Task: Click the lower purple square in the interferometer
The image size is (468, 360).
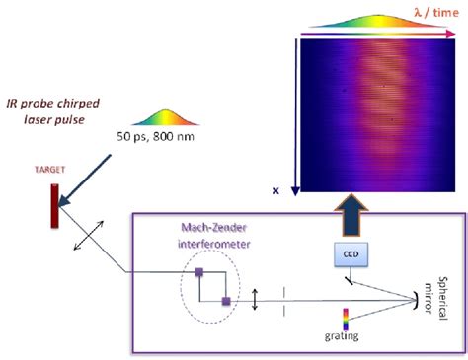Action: click(225, 301)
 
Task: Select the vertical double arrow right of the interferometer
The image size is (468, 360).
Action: click(255, 297)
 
